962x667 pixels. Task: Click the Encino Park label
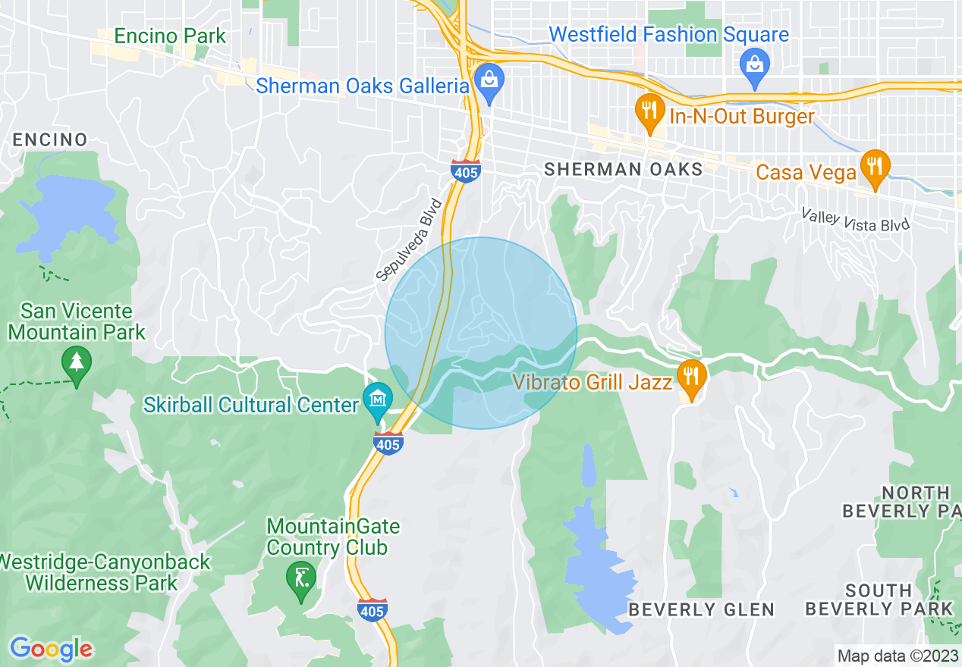click(x=170, y=36)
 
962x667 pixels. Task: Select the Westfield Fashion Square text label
click(x=668, y=35)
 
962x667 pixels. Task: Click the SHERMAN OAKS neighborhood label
click(x=624, y=169)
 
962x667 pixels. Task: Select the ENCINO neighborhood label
click(x=50, y=139)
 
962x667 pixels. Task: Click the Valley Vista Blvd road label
click(x=855, y=221)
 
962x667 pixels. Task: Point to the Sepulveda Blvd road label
click(x=409, y=240)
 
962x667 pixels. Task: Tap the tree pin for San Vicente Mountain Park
click(x=76, y=362)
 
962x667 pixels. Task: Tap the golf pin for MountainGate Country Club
click(x=301, y=579)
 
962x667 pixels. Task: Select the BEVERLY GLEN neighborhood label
click(x=702, y=609)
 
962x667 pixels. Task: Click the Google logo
click(x=50, y=649)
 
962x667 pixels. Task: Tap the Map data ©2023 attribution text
click(x=896, y=655)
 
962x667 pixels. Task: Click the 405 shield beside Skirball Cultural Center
click(x=388, y=443)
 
